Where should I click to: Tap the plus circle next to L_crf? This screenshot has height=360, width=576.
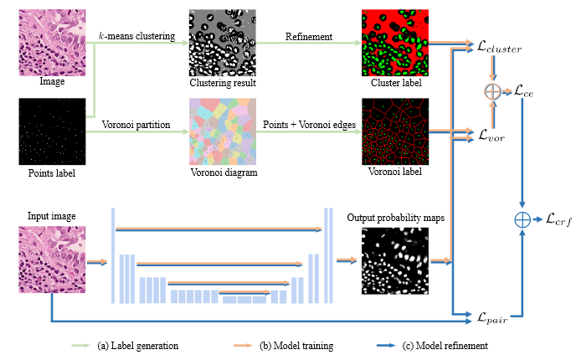tap(522, 221)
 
